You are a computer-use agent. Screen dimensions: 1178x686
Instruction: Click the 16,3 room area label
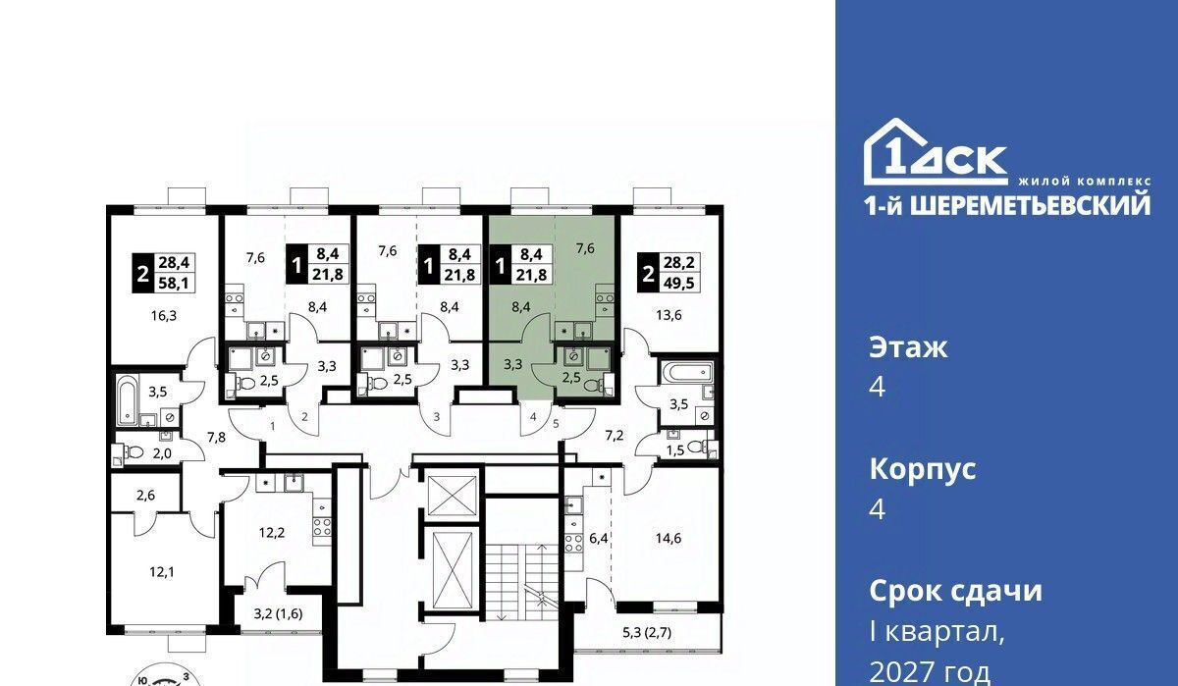[164, 316]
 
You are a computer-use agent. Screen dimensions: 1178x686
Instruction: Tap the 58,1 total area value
[174, 284]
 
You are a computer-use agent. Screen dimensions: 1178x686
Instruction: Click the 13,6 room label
[669, 315]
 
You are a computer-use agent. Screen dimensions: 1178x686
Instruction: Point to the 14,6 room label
[668, 538]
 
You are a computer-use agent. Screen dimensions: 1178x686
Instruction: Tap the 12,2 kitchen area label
[272, 533]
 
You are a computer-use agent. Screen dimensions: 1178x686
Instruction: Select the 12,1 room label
[161, 572]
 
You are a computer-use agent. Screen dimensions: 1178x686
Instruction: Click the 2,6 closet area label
[145, 496]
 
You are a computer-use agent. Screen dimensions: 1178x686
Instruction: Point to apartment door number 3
[437, 417]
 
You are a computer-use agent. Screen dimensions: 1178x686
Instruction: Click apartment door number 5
[556, 423]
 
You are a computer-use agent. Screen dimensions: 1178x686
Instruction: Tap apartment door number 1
[273, 426]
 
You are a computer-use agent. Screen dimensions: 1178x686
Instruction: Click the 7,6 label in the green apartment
[585, 247]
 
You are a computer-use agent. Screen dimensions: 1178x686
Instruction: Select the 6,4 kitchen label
[599, 539]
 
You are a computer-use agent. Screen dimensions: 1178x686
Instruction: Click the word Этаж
[908, 348]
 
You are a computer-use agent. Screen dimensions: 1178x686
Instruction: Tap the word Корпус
[923, 469]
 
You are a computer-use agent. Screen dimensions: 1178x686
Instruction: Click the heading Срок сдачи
[955, 591]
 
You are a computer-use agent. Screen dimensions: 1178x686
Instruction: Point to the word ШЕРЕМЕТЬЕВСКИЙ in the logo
[1030, 206]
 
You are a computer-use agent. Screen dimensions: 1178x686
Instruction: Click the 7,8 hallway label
[216, 437]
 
